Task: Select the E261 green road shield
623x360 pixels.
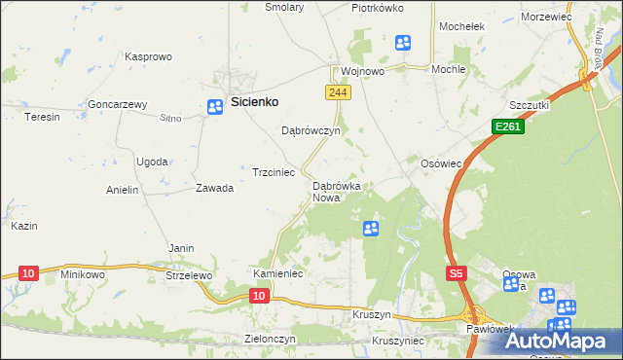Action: click(505, 126)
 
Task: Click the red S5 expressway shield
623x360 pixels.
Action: click(457, 274)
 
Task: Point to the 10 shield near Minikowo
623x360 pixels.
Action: click(28, 273)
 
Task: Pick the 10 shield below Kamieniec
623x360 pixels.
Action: click(258, 294)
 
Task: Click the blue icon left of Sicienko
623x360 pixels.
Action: click(214, 107)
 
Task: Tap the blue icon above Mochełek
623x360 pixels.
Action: click(403, 42)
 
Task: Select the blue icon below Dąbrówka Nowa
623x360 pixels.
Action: click(371, 229)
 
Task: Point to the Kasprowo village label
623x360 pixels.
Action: click(148, 56)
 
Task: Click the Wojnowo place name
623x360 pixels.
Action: click(362, 71)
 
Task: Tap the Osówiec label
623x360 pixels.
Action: click(440, 163)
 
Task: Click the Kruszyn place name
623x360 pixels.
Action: click(372, 316)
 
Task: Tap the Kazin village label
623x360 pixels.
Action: click(24, 226)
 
